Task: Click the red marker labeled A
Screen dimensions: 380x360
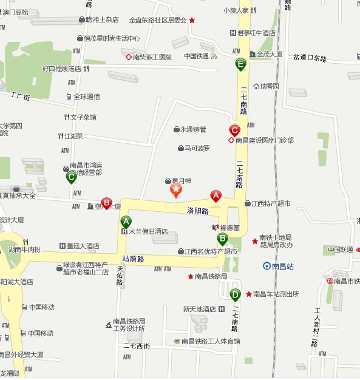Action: coord(216,195)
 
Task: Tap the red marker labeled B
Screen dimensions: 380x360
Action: coord(106,203)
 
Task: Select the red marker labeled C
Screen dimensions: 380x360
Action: coord(234,130)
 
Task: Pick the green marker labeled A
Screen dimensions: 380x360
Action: coord(126,222)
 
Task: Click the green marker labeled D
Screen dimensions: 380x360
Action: coord(235,295)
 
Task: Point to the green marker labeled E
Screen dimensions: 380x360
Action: coord(241,64)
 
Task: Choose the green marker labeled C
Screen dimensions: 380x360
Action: coord(71,177)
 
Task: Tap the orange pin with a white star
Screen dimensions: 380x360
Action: coord(175,191)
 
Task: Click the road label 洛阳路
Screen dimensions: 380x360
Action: coord(198,211)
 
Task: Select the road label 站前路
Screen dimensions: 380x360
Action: coord(133,259)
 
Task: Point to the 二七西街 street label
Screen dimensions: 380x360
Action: coord(137,346)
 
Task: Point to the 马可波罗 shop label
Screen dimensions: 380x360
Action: coord(197,148)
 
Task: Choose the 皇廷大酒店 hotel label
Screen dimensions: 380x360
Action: coord(83,246)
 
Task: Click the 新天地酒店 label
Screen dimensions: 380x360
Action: coord(200,309)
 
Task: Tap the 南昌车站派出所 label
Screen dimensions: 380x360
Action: coord(276,294)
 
